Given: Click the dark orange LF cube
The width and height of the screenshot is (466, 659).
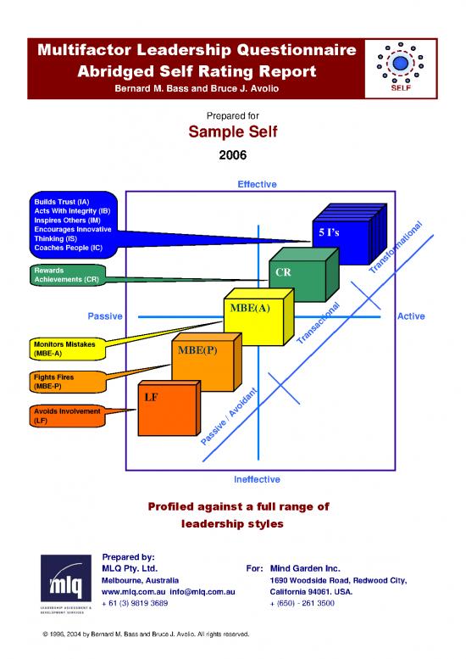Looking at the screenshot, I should pyautogui.click(x=164, y=405).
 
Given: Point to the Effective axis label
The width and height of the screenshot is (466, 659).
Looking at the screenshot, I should pyautogui.click(x=257, y=183).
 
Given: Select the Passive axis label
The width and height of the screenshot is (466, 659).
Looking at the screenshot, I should pyautogui.click(x=105, y=316).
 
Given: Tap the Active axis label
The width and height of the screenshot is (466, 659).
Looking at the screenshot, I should pyautogui.click(x=410, y=316).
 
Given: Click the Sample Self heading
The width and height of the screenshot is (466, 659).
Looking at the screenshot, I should pyautogui.click(x=232, y=134).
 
